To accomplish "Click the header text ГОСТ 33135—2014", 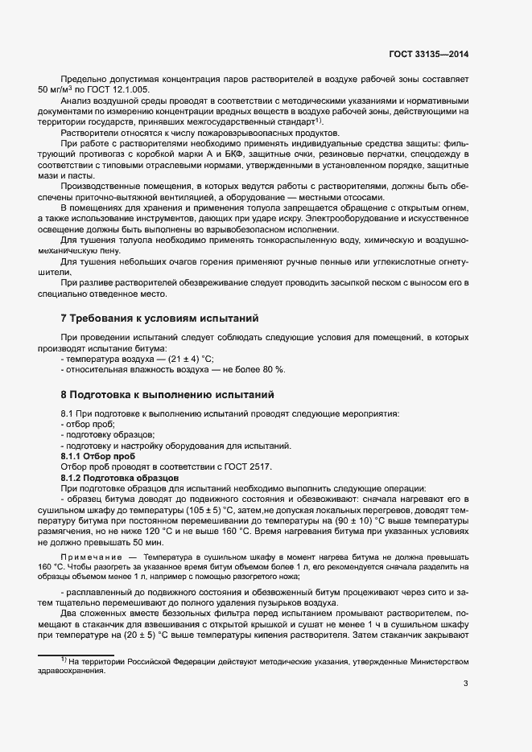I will click(x=428, y=54).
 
